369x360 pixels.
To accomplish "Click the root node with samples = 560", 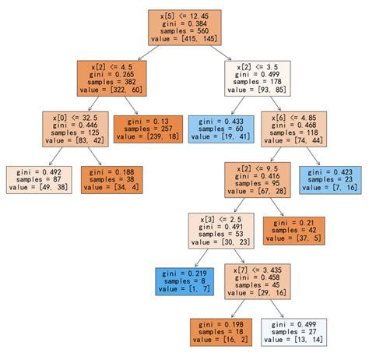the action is click(x=184, y=27).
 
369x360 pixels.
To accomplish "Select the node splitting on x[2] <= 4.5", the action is click(x=112, y=79).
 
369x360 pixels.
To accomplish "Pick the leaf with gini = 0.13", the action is click(x=148, y=129).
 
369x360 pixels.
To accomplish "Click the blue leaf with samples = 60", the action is click(x=221, y=129).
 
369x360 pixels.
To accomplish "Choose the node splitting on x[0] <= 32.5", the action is click(x=76, y=129).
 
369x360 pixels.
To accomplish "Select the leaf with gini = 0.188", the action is click(x=112, y=180).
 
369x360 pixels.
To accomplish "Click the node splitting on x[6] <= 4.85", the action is click(x=294, y=129).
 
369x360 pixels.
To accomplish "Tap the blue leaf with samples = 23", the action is click(x=330, y=180).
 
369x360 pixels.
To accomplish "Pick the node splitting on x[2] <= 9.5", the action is click(x=258, y=180).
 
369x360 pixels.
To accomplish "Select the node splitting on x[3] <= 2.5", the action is click(x=221, y=231).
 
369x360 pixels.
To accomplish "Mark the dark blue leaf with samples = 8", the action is click(x=184, y=281).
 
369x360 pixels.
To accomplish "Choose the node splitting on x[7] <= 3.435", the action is click(x=258, y=281).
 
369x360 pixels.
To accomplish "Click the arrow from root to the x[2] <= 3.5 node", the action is click(x=220, y=53).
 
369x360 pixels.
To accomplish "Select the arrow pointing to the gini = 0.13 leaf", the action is click(x=131, y=105).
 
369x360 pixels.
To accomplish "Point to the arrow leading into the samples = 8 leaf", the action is click(x=202, y=258).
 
